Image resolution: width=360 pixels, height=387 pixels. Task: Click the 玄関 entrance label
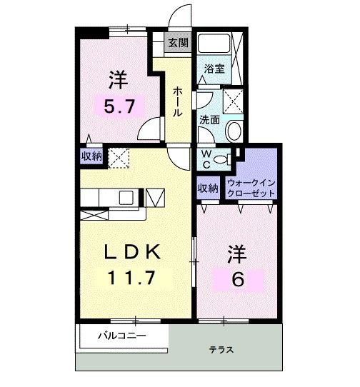(x=178, y=43)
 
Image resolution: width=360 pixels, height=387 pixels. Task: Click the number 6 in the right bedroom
(x=238, y=278)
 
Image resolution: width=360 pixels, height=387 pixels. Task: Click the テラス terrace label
(x=221, y=350)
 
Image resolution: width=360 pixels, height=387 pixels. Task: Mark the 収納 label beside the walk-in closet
(x=208, y=189)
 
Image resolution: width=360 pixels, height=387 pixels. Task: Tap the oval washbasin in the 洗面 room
(x=234, y=131)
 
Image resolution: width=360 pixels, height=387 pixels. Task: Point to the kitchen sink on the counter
(x=124, y=196)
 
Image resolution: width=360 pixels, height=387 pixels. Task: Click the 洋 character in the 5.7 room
(x=118, y=76)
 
